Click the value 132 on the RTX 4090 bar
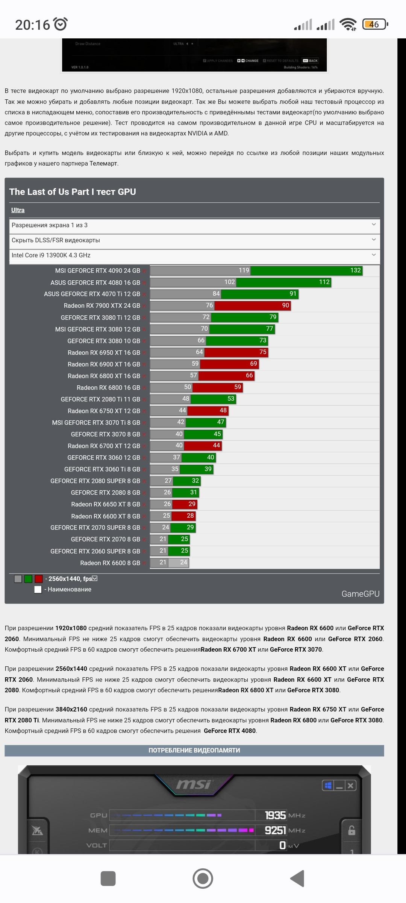[355, 270]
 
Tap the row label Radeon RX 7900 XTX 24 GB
[102, 306]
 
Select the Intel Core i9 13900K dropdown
[194, 255]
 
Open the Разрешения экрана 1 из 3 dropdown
[194, 225]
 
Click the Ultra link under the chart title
[18, 210]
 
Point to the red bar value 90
[286, 305]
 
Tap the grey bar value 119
[244, 270]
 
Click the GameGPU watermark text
[360, 594]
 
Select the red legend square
[39, 579]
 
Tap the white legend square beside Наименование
[38, 589]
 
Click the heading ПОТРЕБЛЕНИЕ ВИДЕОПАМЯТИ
[194, 750]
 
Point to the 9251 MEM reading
[275, 830]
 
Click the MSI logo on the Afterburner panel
[194, 784]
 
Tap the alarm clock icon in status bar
[61, 24]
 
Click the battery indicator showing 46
[374, 24]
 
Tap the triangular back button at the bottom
[297, 879]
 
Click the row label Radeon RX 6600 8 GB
[110, 563]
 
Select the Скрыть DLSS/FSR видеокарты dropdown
[194, 240]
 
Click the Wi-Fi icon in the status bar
[348, 24]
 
